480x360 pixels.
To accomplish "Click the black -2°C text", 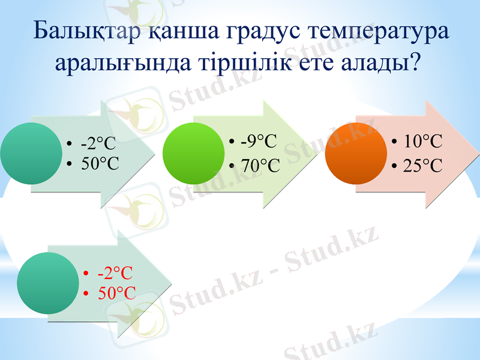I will [98, 143].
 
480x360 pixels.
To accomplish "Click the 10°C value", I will [422, 142].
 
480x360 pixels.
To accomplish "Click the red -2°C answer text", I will [115, 273].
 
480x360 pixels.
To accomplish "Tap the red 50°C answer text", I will [116, 293].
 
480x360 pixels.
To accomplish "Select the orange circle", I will [354, 154].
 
